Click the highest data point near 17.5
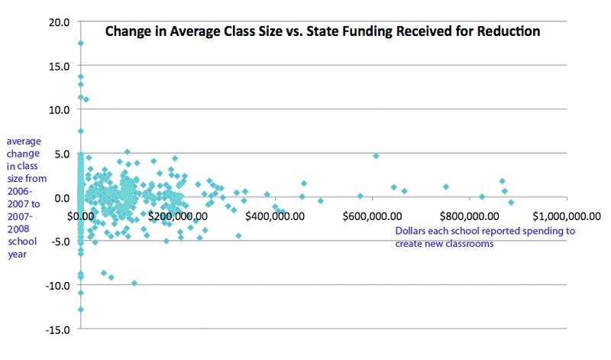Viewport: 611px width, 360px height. click(x=81, y=44)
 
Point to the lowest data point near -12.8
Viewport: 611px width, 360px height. click(x=81, y=310)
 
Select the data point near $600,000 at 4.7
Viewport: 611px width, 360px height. click(x=376, y=156)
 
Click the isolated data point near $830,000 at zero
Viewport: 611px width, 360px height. click(x=482, y=196)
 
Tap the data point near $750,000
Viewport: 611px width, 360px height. click(x=446, y=186)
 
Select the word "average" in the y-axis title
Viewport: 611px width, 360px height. click(x=24, y=142)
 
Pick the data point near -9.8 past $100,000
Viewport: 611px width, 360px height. click(x=134, y=283)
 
